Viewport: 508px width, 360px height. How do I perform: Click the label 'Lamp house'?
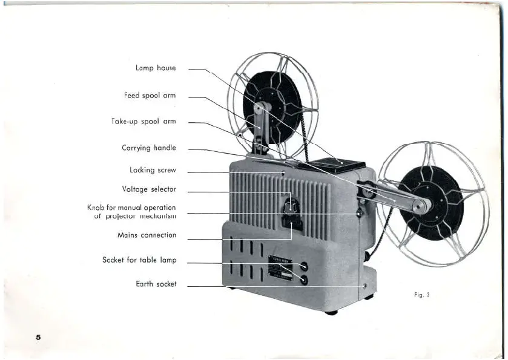click(156, 68)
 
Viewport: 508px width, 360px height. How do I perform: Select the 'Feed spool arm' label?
click(150, 96)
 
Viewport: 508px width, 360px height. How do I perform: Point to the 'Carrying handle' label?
click(149, 148)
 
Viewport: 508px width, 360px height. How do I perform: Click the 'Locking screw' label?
click(153, 171)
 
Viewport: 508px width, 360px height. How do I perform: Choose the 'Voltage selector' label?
click(149, 189)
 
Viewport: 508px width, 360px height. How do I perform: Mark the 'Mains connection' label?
click(147, 235)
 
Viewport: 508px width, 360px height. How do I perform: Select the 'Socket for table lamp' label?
click(139, 260)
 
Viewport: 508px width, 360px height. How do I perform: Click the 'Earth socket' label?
click(156, 284)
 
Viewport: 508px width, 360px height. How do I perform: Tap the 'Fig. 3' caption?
click(421, 295)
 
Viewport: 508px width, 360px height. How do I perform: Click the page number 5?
click(38, 337)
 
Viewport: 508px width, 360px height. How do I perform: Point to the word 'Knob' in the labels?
click(96, 208)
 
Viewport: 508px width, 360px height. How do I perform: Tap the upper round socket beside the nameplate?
click(303, 266)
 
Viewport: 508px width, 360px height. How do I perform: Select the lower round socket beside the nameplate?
click(303, 280)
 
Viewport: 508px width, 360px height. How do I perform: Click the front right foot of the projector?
click(331, 312)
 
